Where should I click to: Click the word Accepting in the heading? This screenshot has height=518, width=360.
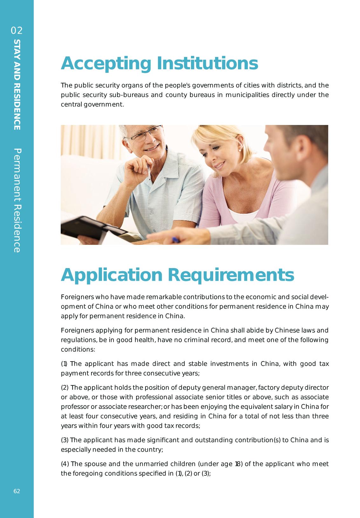click(105, 64)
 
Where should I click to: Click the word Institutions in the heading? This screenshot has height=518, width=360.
click(207, 63)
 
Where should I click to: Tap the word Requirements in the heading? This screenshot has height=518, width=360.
click(233, 275)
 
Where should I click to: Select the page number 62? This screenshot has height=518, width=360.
click(17, 491)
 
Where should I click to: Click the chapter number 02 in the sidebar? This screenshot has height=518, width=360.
click(17, 31)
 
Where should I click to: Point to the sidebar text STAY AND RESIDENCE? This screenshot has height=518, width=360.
click(17, 85)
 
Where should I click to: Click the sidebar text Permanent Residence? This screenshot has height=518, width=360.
click(17, 200)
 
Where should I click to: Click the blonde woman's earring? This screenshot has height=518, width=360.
click(239, 149)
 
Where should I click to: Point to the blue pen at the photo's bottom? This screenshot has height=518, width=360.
click(175, 239)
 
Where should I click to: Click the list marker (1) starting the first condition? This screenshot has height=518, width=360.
click(64, 364)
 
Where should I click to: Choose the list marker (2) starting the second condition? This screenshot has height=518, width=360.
click(65, 388)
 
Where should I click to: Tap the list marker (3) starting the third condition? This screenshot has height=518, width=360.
click(65, 440)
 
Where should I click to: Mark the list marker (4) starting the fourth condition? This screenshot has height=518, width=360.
click(65, 464)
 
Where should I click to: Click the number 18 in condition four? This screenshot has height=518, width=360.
click(237, 464)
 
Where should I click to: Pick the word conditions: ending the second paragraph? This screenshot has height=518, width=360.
click(78, 349)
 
